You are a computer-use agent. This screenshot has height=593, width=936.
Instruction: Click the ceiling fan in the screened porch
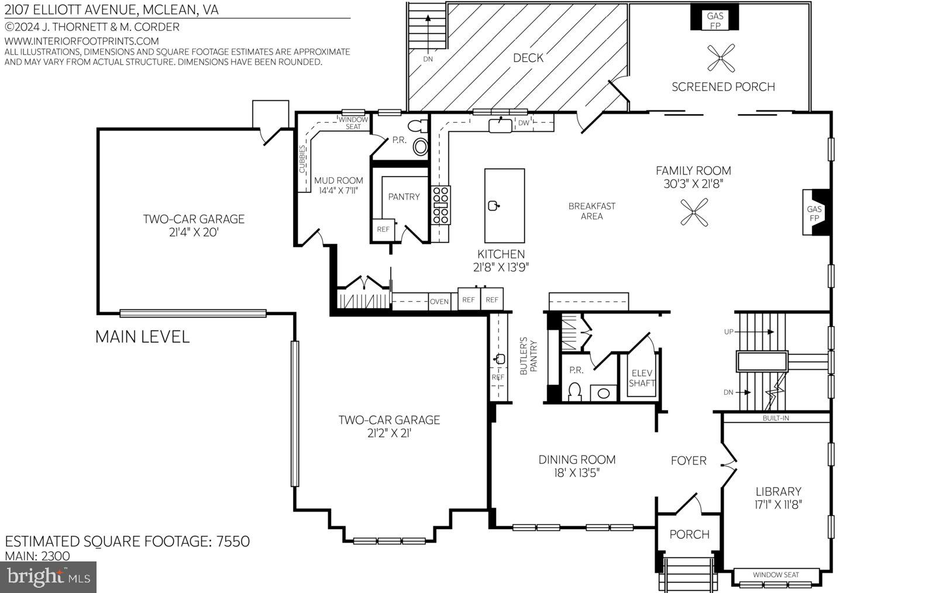720,58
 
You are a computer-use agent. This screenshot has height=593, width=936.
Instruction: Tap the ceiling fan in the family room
694,212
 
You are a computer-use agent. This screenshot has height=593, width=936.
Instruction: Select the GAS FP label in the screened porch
715,20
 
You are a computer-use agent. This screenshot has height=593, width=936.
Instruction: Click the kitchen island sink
494,205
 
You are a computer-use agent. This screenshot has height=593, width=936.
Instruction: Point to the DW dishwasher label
524,123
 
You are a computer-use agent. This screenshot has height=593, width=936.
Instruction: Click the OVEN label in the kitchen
439,302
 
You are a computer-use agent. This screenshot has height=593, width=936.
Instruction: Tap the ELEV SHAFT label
642,378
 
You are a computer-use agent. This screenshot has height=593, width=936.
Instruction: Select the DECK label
528,58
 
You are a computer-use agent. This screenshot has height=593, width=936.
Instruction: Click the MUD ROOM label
338,181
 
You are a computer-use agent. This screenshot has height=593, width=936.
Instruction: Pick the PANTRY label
404,196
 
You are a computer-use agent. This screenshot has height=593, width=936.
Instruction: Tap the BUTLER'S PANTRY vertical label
528,356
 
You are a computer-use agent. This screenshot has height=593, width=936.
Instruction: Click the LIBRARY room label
778,491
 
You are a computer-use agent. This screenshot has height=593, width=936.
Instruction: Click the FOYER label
689,461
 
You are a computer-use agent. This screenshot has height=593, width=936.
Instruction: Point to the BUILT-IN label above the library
776,418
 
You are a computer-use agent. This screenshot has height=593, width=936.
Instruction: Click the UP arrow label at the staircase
728,332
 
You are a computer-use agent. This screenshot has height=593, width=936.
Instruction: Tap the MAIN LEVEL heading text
142,337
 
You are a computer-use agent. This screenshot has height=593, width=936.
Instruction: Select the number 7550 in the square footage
232,541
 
